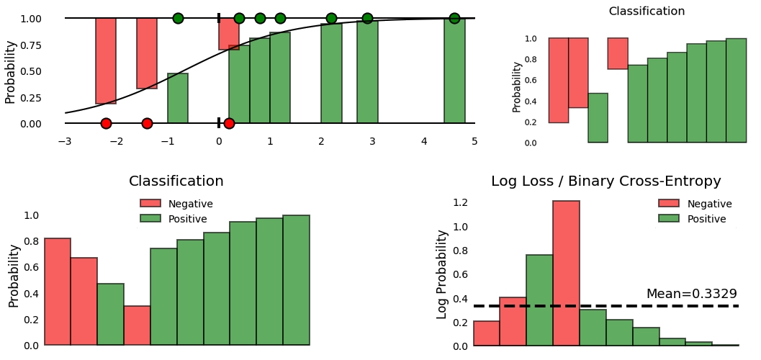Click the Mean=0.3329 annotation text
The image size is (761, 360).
691,294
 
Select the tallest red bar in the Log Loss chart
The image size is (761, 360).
566,273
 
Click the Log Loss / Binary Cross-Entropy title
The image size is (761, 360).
605,181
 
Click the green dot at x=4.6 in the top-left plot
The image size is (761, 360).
454,18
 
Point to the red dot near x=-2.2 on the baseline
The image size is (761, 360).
106,123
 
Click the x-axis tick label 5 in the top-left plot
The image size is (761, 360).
474,141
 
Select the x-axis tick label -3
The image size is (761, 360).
65,141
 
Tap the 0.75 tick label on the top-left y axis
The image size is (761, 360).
30,45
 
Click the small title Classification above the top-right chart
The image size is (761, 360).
647,12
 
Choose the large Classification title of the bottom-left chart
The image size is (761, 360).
176,181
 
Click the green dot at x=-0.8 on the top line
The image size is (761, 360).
178,18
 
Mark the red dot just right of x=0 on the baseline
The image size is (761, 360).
229,123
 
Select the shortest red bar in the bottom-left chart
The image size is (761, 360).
137,325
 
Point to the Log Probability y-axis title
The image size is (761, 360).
442,274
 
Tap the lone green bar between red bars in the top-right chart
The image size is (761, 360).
598,118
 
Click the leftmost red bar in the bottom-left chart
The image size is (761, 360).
58,292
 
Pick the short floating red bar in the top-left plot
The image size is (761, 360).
229,34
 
